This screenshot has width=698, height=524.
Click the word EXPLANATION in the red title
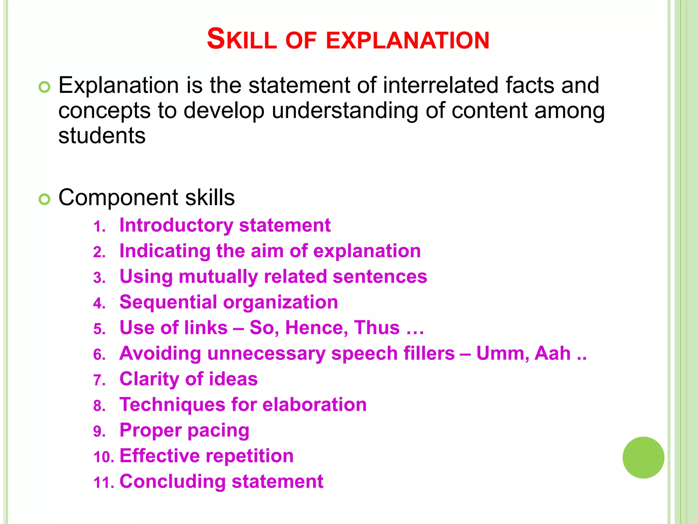pos(408,40)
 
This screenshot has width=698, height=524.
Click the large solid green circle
pos(643,457)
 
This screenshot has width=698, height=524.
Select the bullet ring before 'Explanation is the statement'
pos(44,87)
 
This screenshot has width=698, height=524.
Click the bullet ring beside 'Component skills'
pos(44,199)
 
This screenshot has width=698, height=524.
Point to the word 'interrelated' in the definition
pos(441,85)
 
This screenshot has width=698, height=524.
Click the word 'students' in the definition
pos(102,136)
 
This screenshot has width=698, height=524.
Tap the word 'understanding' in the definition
pos(345,111)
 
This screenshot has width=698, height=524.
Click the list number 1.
pos(99,227)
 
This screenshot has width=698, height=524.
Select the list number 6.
pos(99,355)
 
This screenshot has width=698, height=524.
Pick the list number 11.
pos(104,483)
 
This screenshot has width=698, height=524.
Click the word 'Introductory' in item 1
pos(176,225)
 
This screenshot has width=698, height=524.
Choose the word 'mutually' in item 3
pos(218,277)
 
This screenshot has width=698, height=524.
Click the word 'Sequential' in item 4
pos(168,302)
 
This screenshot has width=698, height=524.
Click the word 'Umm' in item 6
pos(502,353)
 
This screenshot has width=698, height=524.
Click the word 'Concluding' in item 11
pos(172,481)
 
